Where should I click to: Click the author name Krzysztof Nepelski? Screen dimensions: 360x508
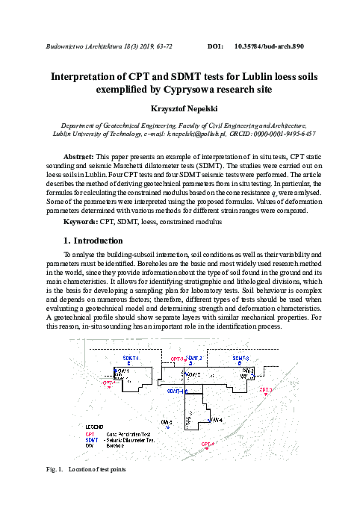click(x=179, y=108)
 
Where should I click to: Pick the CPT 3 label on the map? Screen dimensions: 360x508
click(x=266, y=389)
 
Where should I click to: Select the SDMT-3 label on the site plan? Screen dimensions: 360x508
click(x=241, y=359)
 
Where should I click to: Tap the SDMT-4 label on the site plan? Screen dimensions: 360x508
click(x=176, y=391)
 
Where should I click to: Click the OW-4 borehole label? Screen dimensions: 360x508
click(x=216, y=420)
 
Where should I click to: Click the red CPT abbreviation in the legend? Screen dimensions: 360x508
click(x=90, y=434)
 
